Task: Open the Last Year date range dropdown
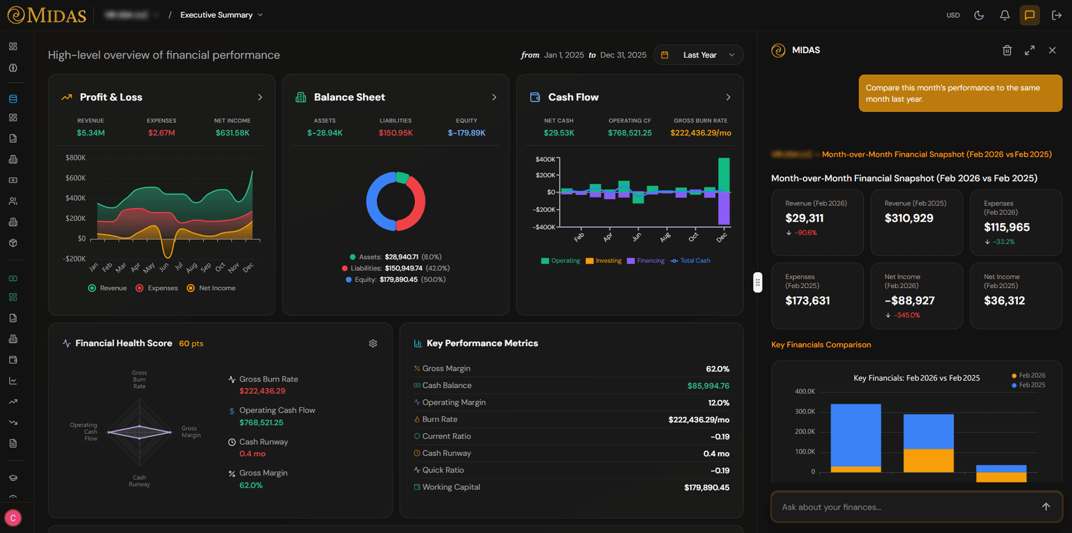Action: tap(699, 55)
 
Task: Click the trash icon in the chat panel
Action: tap(1007, 50)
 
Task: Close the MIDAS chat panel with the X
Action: tap(1052, 50)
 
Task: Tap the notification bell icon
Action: tap(1004, 15)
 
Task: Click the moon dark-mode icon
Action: tap(979, 15)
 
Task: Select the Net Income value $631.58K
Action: tap(232, 133)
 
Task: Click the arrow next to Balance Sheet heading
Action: tap(494, 97)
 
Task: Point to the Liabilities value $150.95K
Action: tap(395, 133)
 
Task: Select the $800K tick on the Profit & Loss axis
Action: tap(75, 158)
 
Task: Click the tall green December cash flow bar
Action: tap(724, 174)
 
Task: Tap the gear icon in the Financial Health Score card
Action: tap(373, 343)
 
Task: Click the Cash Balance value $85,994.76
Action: tap(708, 386)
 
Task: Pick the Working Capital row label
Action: tap(451, 487)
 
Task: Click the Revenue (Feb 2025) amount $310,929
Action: tap(909, 218)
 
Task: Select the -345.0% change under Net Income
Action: tap(907, 315)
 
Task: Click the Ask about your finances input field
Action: tap(908, 507)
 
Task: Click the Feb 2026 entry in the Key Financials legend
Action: tap(1028, 375)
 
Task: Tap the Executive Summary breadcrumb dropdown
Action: tap(221, 15)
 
